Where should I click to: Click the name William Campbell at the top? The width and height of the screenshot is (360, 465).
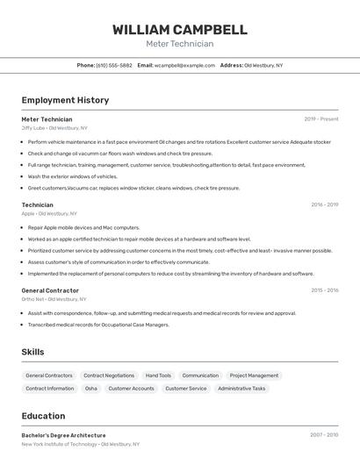point(179,29)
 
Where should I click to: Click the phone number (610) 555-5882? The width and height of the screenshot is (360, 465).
point(114,65)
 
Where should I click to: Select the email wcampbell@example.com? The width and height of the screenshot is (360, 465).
point(184,65)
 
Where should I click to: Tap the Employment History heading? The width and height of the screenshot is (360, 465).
point(65,100)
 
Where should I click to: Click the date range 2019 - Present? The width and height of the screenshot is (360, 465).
point(321,118)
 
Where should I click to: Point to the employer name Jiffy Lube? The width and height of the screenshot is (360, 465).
point(32,127)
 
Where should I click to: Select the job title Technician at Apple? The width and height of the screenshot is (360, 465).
point(37,204)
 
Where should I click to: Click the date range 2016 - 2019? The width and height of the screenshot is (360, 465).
point(324,204)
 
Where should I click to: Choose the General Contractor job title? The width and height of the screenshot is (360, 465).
point(50,290)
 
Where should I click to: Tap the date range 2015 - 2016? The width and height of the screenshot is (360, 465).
point(324,290)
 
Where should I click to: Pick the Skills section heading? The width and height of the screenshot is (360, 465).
point(32,352)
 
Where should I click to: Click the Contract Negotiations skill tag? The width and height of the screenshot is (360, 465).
point(109,376)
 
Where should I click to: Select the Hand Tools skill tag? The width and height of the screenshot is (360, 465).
point(158,376)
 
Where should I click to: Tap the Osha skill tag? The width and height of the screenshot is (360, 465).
point(91,388)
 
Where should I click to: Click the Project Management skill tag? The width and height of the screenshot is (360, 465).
point(254,376)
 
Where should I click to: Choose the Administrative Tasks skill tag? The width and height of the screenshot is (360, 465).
point(241,388)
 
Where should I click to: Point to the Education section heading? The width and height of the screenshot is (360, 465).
point(43,416)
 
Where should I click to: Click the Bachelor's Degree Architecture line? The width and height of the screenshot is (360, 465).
point(63,435)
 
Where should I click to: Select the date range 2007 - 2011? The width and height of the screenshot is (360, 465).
point(324,435)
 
